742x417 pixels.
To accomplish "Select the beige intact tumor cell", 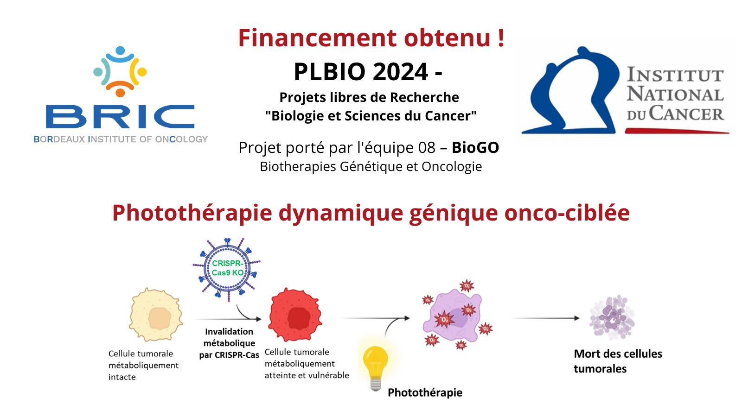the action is click(156, 315).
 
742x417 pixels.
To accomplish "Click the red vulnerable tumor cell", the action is click(295, 315).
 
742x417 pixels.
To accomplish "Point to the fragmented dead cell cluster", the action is click(612, 317).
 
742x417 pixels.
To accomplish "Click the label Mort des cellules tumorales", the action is click(618, 361).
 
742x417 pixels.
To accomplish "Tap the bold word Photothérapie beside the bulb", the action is click(425, 392).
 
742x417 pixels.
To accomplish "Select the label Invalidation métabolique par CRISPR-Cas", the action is click(229, 343).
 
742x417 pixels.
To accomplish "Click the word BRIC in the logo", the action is click(120, 116).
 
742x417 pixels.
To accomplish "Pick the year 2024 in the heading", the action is click(400, 71).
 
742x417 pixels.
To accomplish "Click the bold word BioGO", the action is click(475, 148).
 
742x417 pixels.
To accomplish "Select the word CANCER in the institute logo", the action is click(686, 114).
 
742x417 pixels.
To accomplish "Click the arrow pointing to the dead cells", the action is click(546, 318).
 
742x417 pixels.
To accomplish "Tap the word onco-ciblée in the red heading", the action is click(567, 213).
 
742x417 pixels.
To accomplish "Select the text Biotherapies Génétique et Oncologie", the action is click(371, 166).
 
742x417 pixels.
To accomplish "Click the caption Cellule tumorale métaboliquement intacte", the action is click(143, 366).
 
